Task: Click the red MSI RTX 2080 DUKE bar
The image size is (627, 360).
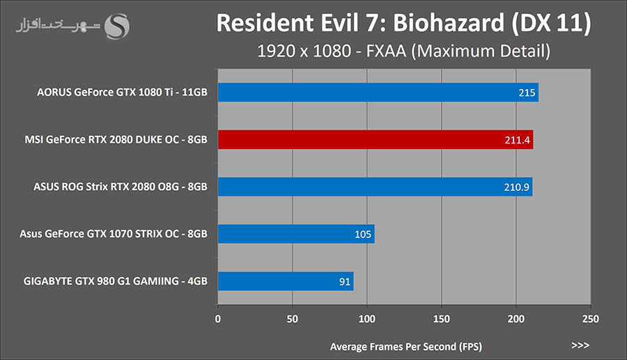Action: pyautogui.click(x=376, y=140)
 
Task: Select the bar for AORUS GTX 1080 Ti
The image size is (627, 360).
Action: pyautogui.click(x=378, y=93)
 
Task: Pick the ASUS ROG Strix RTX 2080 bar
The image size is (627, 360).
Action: pyautogui.click(x=375, y=187)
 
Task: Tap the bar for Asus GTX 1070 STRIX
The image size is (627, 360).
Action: pyautogui.click(x=296, y=234)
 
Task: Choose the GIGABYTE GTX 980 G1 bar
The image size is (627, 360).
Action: pyautogui.click(x=286, y=281)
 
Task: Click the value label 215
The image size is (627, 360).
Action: pyautogui.click(x=527, y=93)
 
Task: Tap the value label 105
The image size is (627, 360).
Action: pyautogui.click(x=363, y=235)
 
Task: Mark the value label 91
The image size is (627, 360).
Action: pyautogui.click(x=344, y=281)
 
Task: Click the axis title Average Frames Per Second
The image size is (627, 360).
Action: pyautogui.click(x=405, y=346)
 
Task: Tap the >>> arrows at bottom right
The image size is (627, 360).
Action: pyautogui.click(x=580, y=345)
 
